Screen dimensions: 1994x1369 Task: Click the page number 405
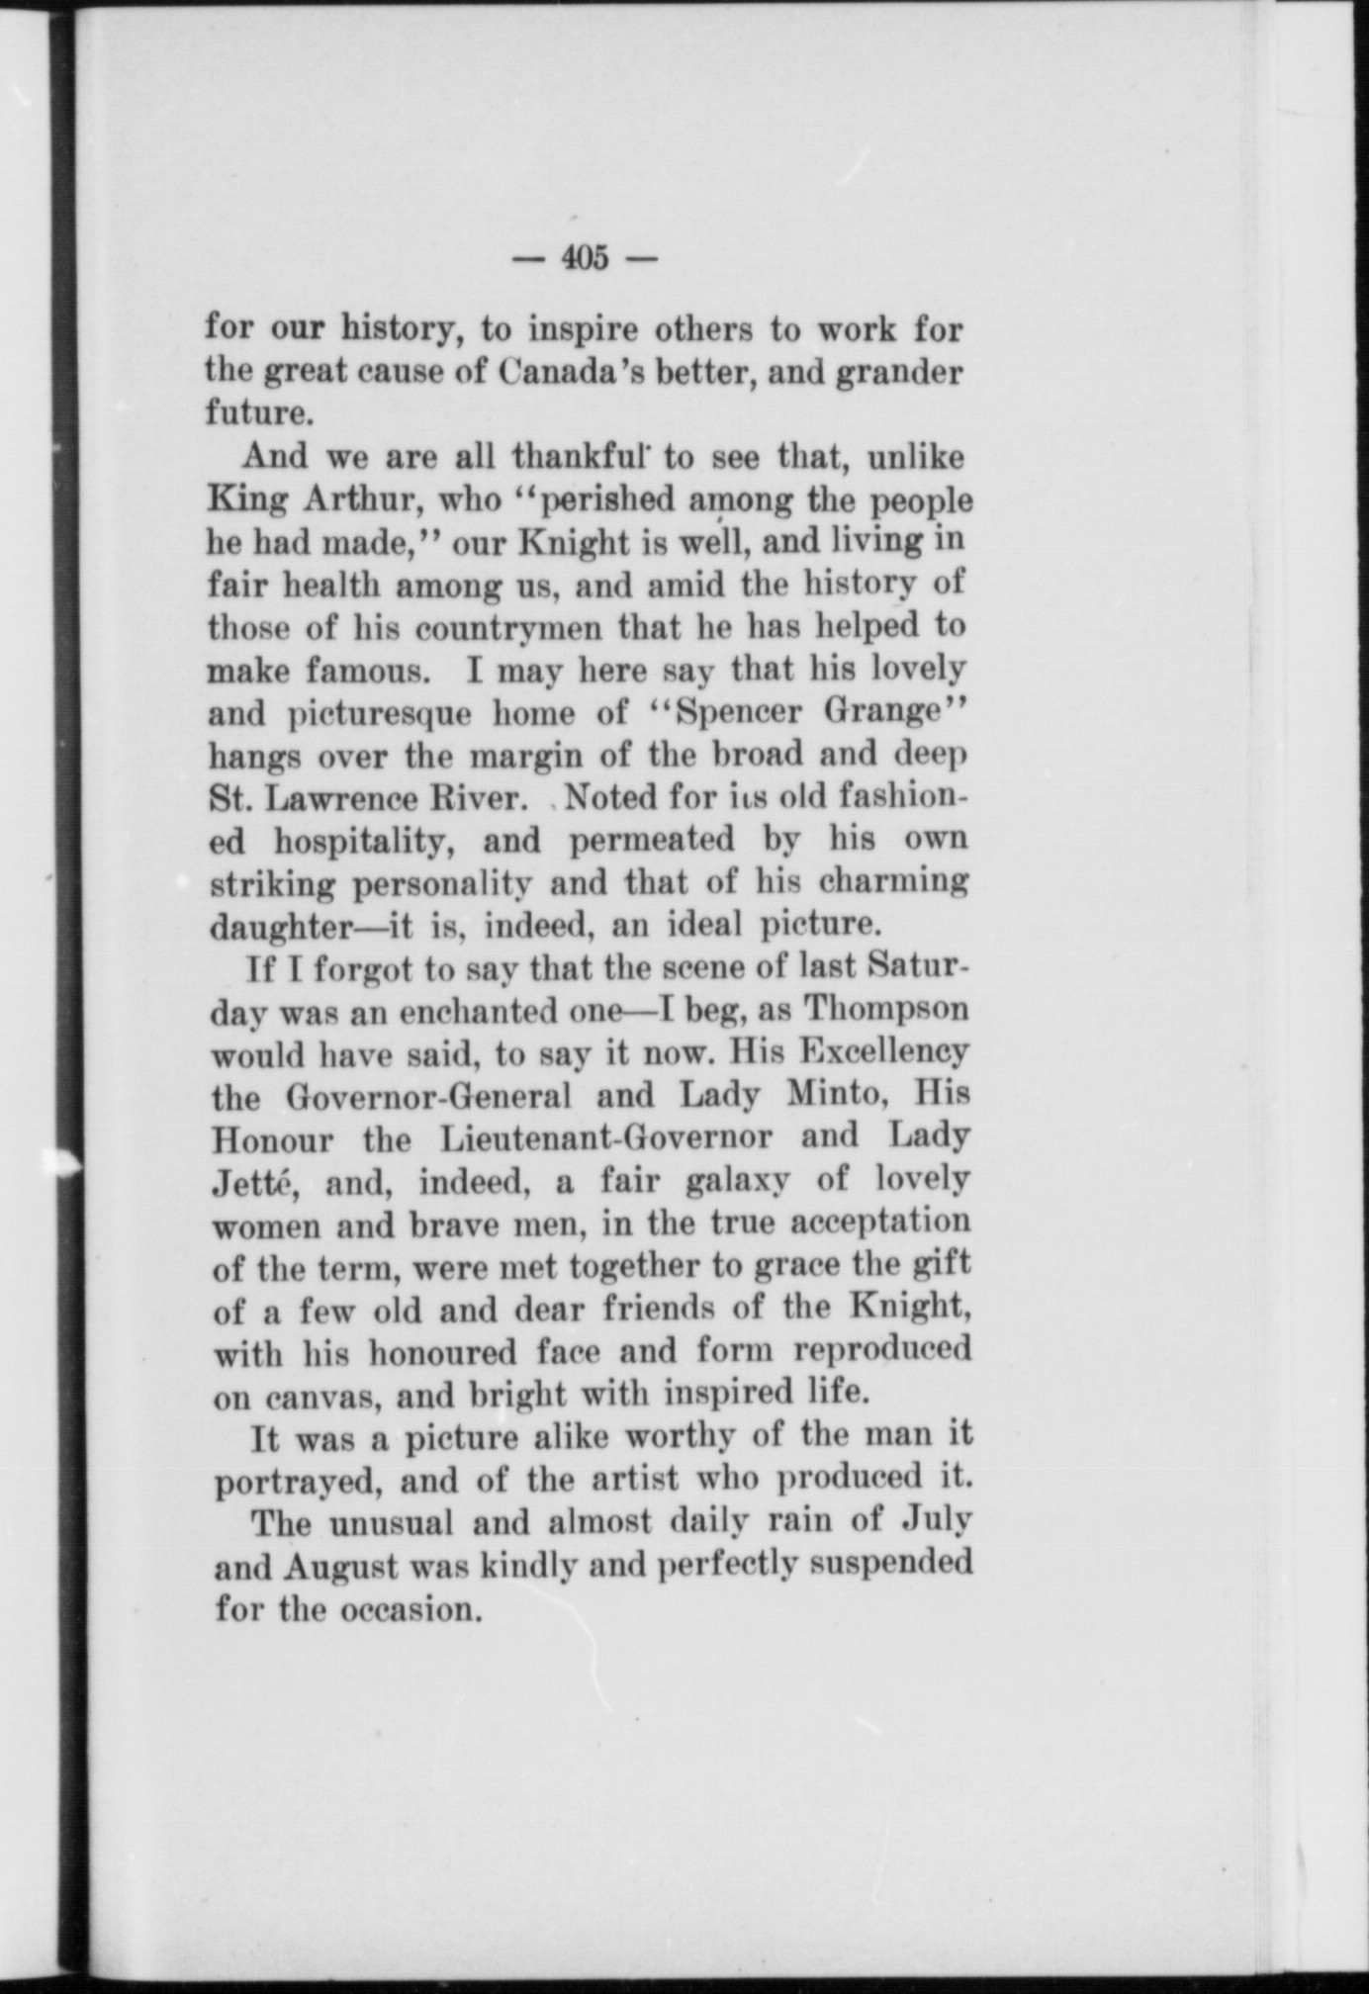585,258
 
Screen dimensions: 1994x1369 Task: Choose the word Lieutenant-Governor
605,1138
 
